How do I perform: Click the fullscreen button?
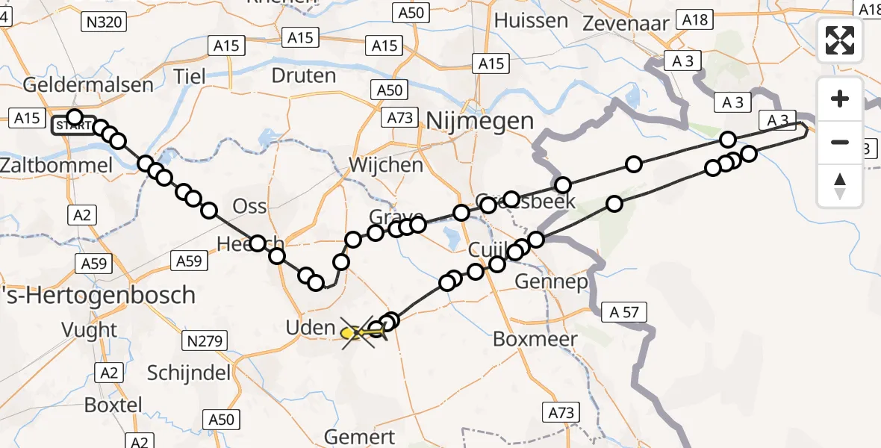(x=840, y=40)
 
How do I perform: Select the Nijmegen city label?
(x=481, y=121)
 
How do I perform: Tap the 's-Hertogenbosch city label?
(x=98, y=295)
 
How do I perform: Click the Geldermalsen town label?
(x=88, y=84)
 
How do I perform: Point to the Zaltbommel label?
(x=57, y=164)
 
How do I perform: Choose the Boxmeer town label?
(x=535, y=340)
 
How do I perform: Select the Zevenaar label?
(x=626, y=23)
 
